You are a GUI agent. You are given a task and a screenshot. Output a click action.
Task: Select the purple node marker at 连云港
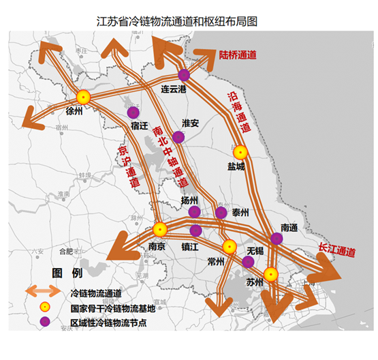click(184, 75)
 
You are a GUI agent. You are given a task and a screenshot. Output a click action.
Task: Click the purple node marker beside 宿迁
click(133, 112)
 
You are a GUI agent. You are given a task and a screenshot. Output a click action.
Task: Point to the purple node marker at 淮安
click(178, 137)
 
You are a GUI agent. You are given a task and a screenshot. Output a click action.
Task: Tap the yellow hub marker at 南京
click(160, 230)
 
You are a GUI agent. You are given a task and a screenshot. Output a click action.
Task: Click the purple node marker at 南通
click(276, 238)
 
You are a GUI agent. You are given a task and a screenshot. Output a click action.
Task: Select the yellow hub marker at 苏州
click(271, 275)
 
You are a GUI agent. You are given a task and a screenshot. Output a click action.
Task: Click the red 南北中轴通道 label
click(170, 157)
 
